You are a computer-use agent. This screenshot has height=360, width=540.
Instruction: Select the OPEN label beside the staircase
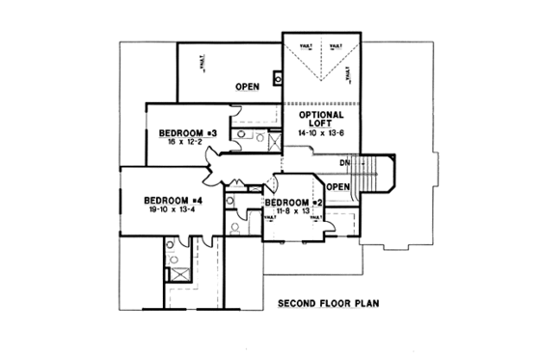tap(337, 186)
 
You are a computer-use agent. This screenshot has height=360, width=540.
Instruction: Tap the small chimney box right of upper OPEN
tap(277, 79)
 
